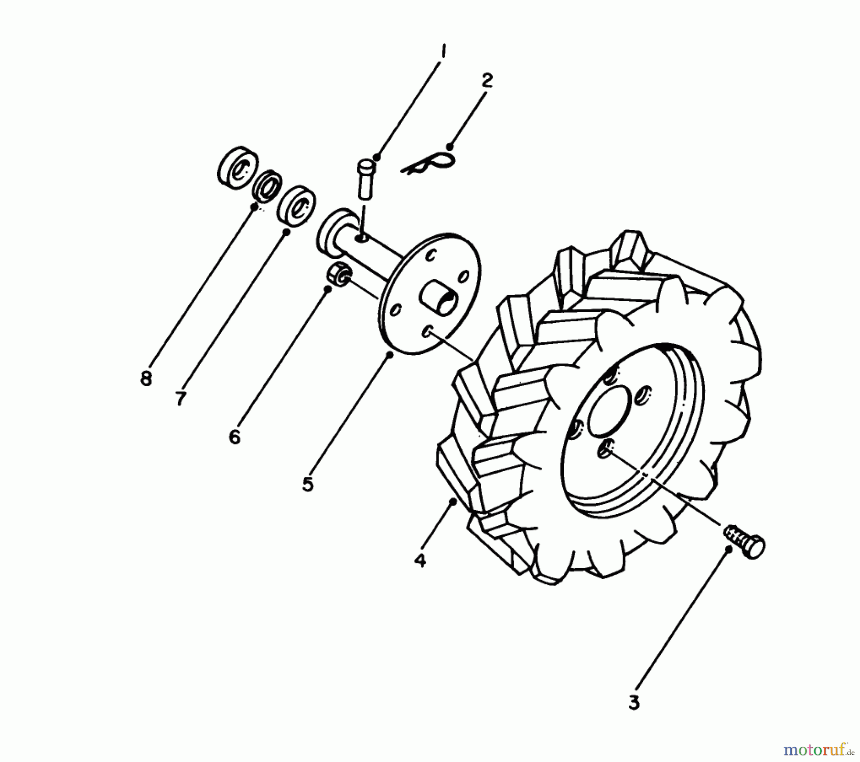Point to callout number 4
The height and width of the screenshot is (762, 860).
click(x=420, y=560)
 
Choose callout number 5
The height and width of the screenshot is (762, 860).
click(x=308, y=484)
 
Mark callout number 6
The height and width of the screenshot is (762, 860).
click(x=235, y=436)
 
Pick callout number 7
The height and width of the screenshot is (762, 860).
click(x=180, y=398)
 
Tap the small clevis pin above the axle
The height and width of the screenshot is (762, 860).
click(x=366, y=179)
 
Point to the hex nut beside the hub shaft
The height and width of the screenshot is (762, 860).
click(x=337, y=275)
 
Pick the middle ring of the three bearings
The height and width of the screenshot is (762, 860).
click(x=267, y=185)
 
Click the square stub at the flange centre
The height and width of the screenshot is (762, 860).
click(x=438, y=299)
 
